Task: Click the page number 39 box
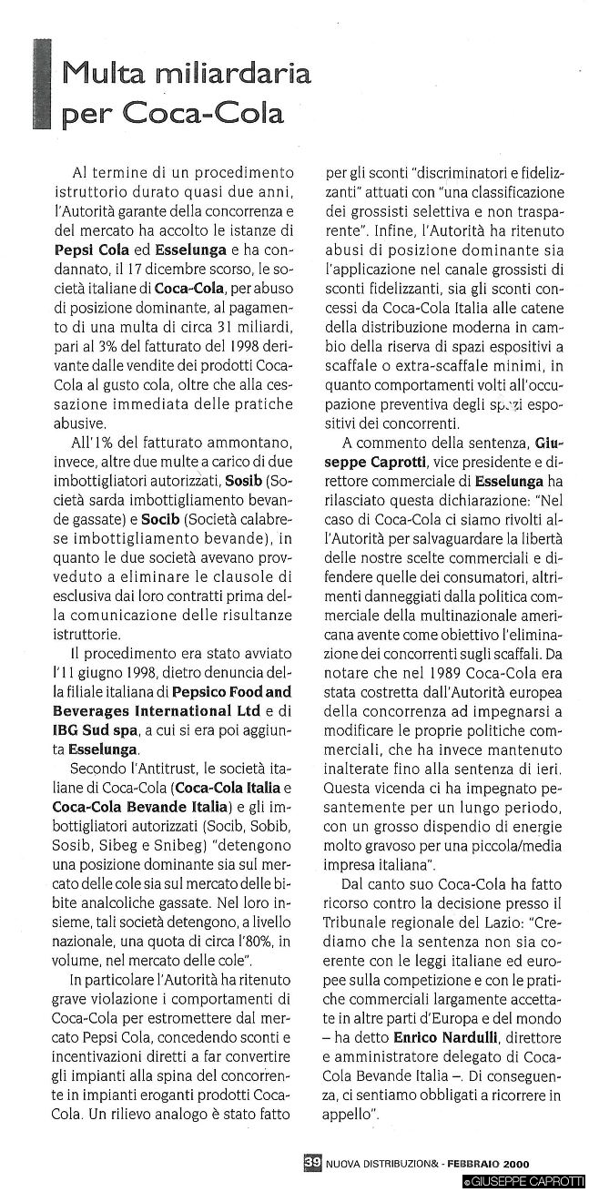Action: click(312, 1162)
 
